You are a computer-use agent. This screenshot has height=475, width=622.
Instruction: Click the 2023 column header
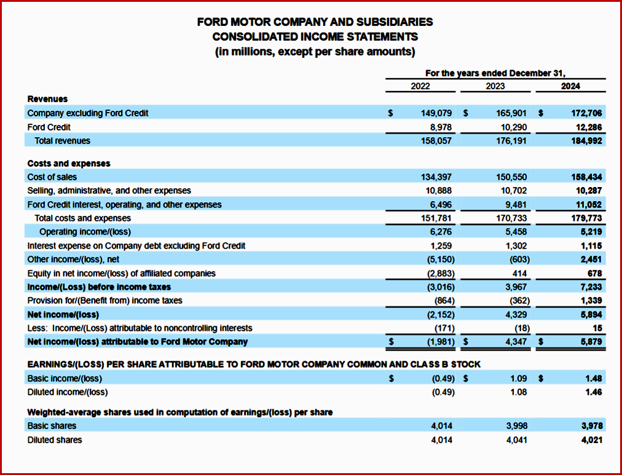pos(495,86)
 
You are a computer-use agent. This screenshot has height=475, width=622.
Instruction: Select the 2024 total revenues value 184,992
pos(586,141)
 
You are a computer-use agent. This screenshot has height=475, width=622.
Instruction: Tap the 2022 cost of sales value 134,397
pos(436,177)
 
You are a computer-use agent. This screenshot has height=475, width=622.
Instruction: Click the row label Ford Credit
pos(49,127)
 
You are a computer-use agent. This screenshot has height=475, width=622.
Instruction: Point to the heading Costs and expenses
pos(69,164)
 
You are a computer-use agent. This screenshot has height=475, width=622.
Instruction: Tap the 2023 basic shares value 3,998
pos(516,426)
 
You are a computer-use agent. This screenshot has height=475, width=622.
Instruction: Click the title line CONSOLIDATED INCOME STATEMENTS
pos(315,37)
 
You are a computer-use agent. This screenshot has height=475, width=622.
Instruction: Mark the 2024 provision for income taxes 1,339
pos(591,300)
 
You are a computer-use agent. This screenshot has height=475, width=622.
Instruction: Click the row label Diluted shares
pos(55,440)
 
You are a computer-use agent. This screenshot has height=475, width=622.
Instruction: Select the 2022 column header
pos(420,86)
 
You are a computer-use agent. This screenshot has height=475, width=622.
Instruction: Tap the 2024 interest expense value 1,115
pos(591,245)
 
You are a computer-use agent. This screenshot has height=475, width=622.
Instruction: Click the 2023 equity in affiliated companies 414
pos(519,273)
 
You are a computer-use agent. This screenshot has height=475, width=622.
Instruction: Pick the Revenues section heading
pos(48,98)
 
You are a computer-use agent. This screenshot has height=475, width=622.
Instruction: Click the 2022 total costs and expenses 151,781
pos(436,218)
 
